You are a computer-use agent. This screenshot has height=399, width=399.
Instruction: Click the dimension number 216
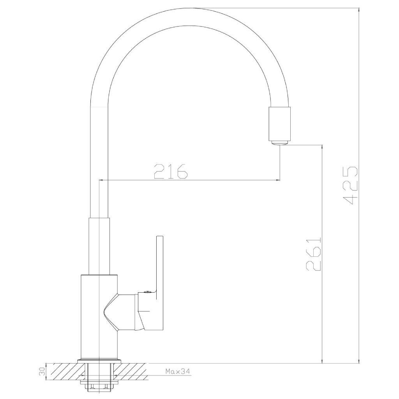click(171, 171)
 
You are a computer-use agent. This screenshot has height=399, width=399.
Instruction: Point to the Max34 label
click(178, 371)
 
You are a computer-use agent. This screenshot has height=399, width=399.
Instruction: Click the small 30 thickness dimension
click(42, 371)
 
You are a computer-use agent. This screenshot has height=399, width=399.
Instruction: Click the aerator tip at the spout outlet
click(279, 143)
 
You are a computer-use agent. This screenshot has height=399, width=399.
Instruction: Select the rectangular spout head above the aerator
click(279, 124)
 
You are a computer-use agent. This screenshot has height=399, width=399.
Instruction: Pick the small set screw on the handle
click(147, 292)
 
